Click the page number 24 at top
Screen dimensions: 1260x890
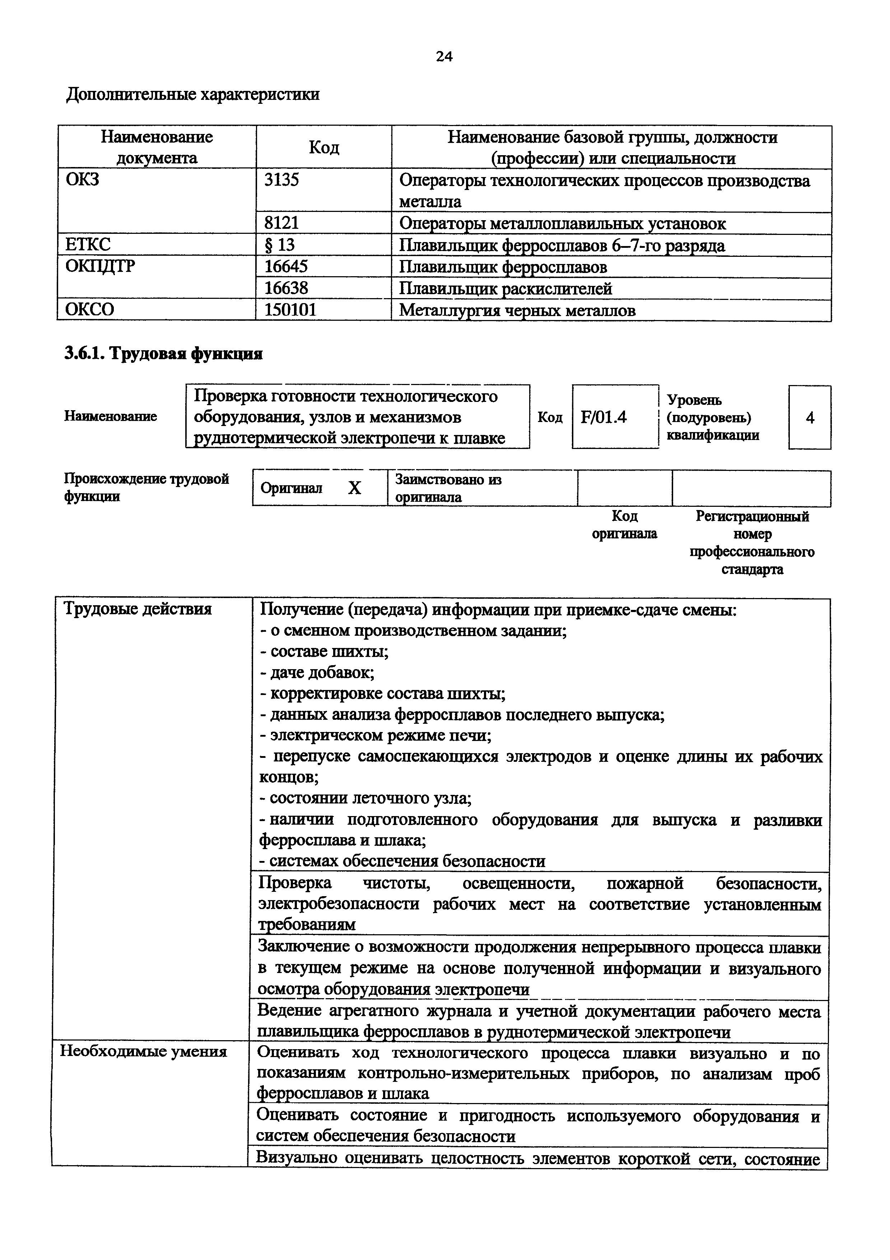[444, 56]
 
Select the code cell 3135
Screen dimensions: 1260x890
[282, 180]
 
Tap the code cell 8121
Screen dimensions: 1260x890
[282, 223]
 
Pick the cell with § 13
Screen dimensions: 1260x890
[280, 245]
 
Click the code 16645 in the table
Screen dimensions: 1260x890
[286, 267]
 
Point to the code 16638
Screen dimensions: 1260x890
[286, 288]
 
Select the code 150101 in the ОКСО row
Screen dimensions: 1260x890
[291, 310]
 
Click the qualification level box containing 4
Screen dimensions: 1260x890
[809, 418]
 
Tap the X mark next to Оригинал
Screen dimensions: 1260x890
[355, 488]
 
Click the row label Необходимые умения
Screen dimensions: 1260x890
[143, 1051]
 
